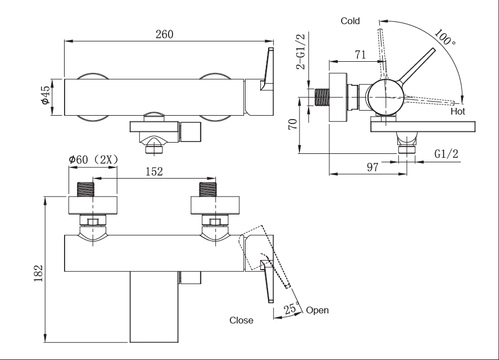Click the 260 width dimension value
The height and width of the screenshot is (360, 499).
[x=164, y=34]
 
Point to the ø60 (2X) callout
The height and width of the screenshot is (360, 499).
[x=92, y=160]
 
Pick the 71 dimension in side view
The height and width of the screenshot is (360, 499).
[x=360, y=54]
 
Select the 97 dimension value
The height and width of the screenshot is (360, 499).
[x=371, y=167]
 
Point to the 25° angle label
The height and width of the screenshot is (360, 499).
[x=291, y=309]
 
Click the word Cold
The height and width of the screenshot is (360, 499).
[x=350, y=21]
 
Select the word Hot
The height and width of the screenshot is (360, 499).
[x=458, y=112]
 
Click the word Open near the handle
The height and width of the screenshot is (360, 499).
[x=317, y=310]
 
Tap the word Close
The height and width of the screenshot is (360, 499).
[x=241, y=320]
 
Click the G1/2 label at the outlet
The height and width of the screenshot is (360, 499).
[x=447, y=154]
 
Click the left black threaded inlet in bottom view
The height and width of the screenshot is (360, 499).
[x=85, y=189]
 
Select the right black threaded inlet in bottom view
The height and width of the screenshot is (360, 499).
[x=208, y=189]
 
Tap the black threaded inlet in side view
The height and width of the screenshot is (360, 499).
[x=322, y=97]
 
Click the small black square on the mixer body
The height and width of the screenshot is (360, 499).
[x=180, y=278]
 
